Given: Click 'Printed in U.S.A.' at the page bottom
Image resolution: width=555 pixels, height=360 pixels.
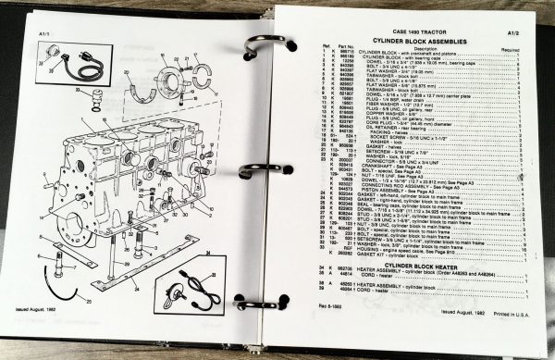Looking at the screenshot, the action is click(507, 339).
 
